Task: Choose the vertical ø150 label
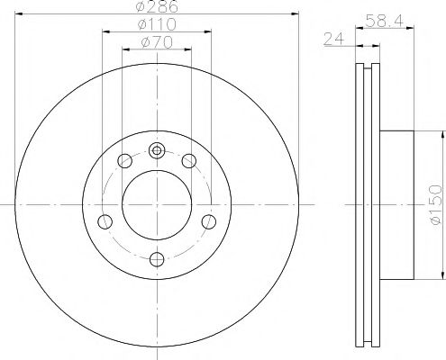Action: coord(434,205)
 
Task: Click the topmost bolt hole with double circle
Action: coord(157,150)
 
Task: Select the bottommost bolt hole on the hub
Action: coord(157,260)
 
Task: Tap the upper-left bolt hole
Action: coord(124,161)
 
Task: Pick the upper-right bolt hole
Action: coord(189,161)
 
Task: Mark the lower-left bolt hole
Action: coord(105,221)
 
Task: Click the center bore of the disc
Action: coord(157,205)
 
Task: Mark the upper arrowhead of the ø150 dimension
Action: coord(442,134)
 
